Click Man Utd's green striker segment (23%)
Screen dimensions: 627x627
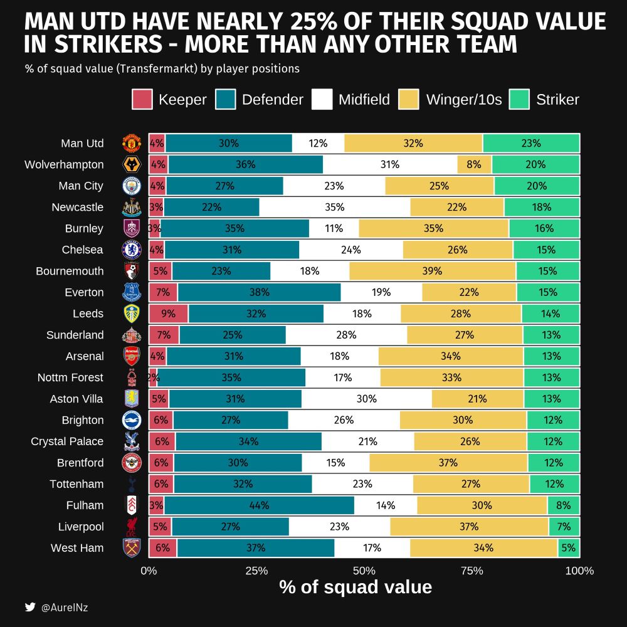tap(531, 143)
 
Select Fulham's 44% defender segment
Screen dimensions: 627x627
tap(259, 505)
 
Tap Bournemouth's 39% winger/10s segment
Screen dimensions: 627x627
tap(433, 271)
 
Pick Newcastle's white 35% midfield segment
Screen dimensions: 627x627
tap(335, 207)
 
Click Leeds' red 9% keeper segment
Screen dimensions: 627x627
tap(168, 313)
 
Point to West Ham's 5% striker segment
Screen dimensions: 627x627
tap(569, 548)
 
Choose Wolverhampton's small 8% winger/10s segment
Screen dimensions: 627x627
tap(474, 164)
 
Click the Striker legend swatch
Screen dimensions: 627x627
tap(520, 99)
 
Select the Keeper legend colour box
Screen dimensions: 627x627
tap(142, 99)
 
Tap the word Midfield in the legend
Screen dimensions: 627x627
tap(364, 99)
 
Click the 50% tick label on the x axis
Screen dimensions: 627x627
tap(364, 571)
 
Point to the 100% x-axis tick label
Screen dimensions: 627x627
tap(579, 571)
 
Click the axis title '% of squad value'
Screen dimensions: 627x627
tap(356, 587)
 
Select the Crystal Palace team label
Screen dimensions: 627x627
tap(67, 441)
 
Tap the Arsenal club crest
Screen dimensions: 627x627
tap(132, 356)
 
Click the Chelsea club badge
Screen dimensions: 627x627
tap(132, 250)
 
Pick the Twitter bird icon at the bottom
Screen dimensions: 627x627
tap(30, 607)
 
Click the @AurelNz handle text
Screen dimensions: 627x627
tap(65, 607)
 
